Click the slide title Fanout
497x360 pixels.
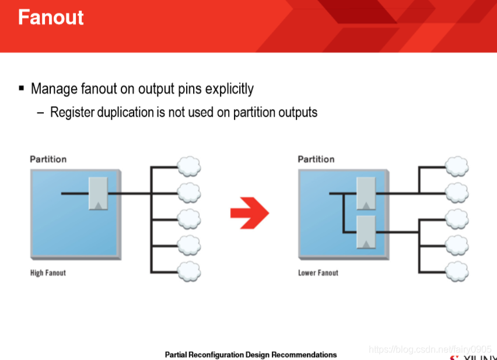[51, 17]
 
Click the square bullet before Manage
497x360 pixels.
[22, 88]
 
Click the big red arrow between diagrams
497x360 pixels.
[249, 212]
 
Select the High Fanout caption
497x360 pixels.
[48, 272]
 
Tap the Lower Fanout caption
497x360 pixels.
[318, 272]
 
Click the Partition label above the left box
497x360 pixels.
[48, 159]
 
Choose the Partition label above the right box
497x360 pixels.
[316, 159]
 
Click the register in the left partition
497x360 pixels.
[98, 193]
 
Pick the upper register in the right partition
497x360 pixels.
[366, 193]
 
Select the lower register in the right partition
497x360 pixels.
[366, 231]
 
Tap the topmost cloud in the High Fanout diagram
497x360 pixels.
[188, 166]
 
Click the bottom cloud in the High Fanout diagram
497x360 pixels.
[188, 271]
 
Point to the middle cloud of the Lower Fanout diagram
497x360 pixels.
[456, 218]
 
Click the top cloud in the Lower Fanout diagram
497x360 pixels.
[456, 166]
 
